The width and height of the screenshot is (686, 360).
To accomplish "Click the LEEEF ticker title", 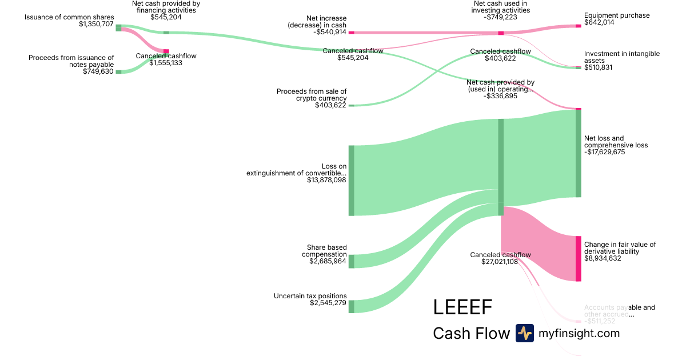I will coord(462,307).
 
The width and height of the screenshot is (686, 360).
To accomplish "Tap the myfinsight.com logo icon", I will coord(524,333).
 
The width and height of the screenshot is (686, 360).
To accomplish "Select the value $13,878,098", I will coord(327,181).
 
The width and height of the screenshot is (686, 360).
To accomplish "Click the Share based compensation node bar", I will coord(352,261).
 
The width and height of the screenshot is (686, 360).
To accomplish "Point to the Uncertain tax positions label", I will coord(310,296).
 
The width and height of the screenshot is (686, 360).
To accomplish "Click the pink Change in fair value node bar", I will coord(578,258).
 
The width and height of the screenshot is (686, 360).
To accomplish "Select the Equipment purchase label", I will coord(617,15).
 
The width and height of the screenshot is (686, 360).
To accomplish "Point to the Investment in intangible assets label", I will coord(621,57).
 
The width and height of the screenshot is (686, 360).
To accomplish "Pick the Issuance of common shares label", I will coord(69,17).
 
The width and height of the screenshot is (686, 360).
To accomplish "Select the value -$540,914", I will coord(329,32).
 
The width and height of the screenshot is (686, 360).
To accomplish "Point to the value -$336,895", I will coord(500,96).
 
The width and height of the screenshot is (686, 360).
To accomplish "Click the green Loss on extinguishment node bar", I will coord(352,181).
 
